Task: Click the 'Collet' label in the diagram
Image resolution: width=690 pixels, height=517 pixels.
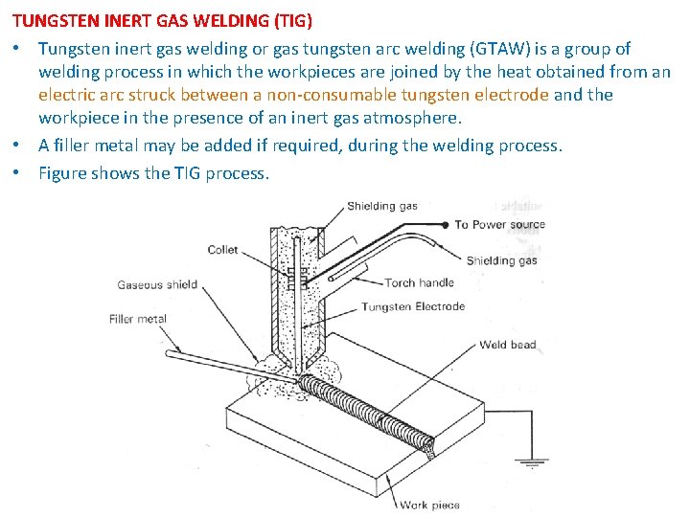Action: coord(222,251)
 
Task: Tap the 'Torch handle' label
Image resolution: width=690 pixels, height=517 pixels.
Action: coord(419,283)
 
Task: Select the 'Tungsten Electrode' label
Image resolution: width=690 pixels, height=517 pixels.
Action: coord(413,307)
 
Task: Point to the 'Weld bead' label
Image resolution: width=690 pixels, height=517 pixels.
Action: coord(508,345)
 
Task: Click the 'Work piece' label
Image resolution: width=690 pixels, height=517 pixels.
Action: coord(429,505)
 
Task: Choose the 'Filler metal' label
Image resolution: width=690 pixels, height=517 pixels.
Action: coord(137,319)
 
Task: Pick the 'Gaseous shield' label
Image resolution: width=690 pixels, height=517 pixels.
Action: coord(157,284)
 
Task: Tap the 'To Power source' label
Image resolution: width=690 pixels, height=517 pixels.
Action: coord(499,225)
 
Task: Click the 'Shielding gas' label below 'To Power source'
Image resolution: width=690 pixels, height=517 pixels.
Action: coord(501,260)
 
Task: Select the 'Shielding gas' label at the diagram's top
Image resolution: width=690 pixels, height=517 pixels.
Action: coord(382,206)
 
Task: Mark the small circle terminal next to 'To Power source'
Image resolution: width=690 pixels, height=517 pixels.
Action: coord(446,225)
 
